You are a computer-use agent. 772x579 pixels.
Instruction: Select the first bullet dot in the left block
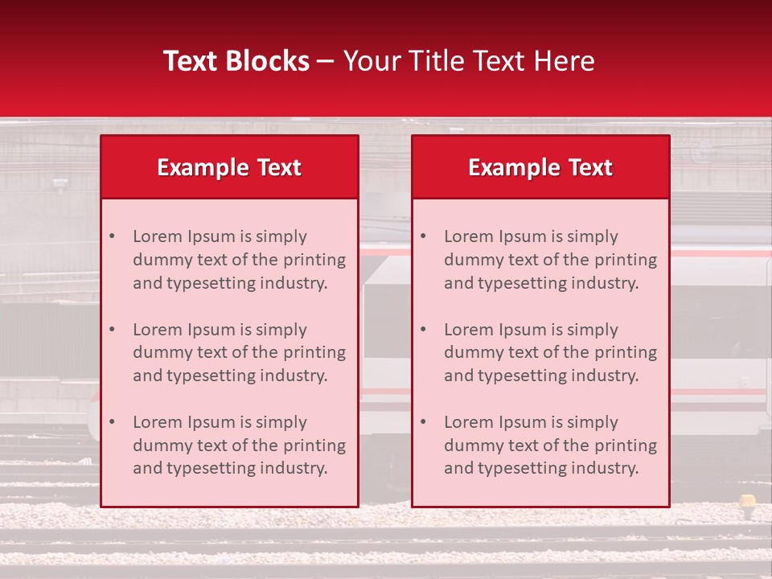click(x=113, y=237)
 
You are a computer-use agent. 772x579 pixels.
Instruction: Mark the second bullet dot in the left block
click(x=113, y=330)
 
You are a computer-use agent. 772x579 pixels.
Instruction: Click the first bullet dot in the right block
click(x=424, y=237)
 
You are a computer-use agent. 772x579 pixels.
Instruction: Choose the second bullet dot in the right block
click(x=424, y=330)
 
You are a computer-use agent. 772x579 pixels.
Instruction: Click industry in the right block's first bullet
click(x=606, y=283)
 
